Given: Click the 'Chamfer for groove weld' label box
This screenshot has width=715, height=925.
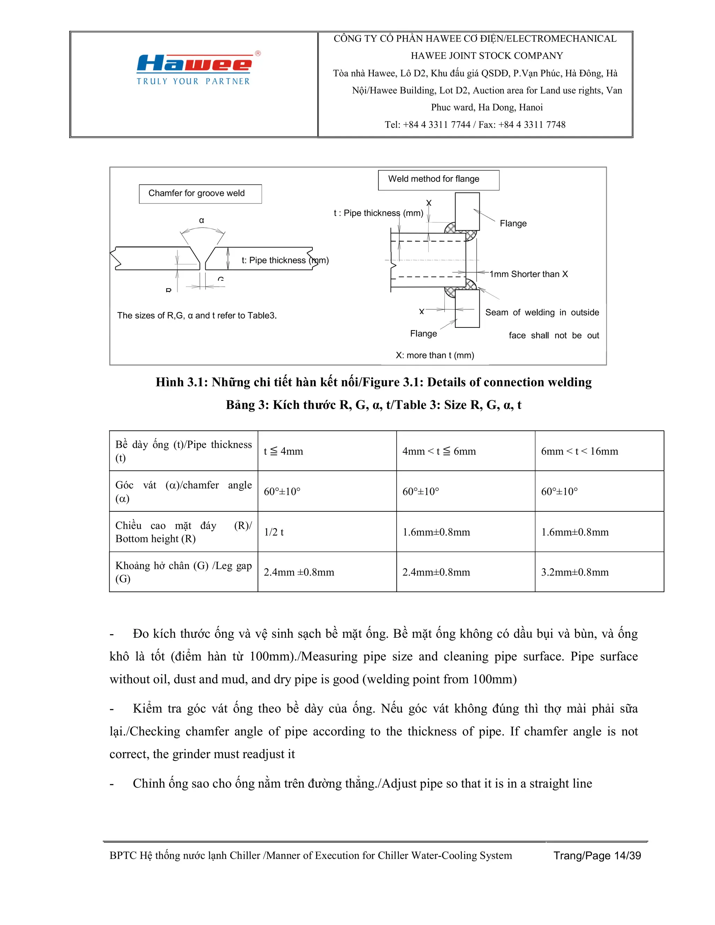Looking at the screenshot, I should [200, 194].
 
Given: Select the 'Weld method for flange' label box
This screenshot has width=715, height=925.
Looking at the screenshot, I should [438, 179].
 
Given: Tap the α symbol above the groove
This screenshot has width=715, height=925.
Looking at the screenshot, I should [202, 220].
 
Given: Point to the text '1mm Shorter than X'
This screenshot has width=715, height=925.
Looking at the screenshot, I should [529, 274].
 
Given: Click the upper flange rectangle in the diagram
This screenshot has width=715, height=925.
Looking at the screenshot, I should [467, 211].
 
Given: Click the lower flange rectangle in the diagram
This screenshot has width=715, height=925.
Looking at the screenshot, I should [467, 308].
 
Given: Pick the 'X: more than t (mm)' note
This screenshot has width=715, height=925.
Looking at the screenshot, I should [435, 355].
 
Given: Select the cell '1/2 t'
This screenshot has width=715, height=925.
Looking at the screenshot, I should [274, 532].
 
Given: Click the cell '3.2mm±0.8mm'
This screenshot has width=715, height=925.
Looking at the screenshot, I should [574, 572].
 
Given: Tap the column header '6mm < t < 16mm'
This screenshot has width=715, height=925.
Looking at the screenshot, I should [579, 451].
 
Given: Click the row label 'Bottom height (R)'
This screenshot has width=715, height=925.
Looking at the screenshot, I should [183, 532].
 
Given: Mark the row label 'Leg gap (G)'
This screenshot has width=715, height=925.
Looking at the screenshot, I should [183, 572].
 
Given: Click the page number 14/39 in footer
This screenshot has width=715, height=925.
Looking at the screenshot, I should [627, 856].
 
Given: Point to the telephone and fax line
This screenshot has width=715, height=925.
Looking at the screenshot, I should [475, 125].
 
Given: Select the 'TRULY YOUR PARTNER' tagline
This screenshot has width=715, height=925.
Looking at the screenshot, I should [193, 81].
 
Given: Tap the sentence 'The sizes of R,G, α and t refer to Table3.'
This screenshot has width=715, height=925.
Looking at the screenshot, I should [197, 316].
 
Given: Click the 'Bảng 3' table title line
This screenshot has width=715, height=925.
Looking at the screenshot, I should [373, 405].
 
